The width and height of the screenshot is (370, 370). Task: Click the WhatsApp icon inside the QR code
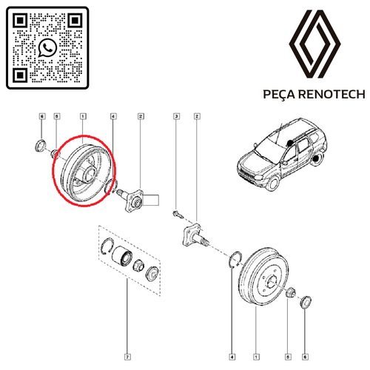point(47,47)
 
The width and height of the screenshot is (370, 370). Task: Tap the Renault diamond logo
point(315,44)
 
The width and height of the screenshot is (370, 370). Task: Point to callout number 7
point(127,357)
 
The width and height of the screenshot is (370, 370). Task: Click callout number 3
point(176,116)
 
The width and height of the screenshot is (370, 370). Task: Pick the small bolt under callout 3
point(178,215)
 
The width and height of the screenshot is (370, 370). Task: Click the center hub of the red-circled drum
point(90,172)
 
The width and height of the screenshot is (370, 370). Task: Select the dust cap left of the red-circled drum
point(40,146)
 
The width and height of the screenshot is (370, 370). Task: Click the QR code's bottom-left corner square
point(20,75)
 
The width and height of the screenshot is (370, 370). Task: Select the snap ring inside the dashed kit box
point(107,246)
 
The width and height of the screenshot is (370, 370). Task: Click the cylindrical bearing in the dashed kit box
point(122,255)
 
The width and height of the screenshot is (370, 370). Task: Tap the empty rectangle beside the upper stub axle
point(151,200)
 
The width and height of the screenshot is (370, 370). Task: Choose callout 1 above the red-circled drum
point(83,116)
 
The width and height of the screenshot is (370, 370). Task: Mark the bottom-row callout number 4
point(232,357)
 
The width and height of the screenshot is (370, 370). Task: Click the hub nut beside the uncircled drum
point(289,293)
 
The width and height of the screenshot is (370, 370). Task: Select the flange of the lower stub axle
point(191,233)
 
